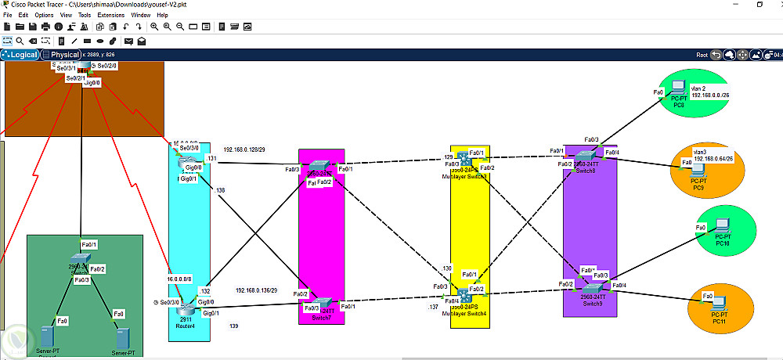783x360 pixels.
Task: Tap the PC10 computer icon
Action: [x=722, y=229]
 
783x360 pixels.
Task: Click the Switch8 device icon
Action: [x=585, y=159]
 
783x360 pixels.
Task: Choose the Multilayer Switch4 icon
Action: [x=464, y=294]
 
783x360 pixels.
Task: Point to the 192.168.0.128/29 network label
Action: [x=248, y=149]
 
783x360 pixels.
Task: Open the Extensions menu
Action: [x=110, y=15]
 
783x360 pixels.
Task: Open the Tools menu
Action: [x=85, y=15]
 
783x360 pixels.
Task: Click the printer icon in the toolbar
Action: [x=45, y=27]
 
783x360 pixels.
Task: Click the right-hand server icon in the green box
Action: [x=122, y=337]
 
